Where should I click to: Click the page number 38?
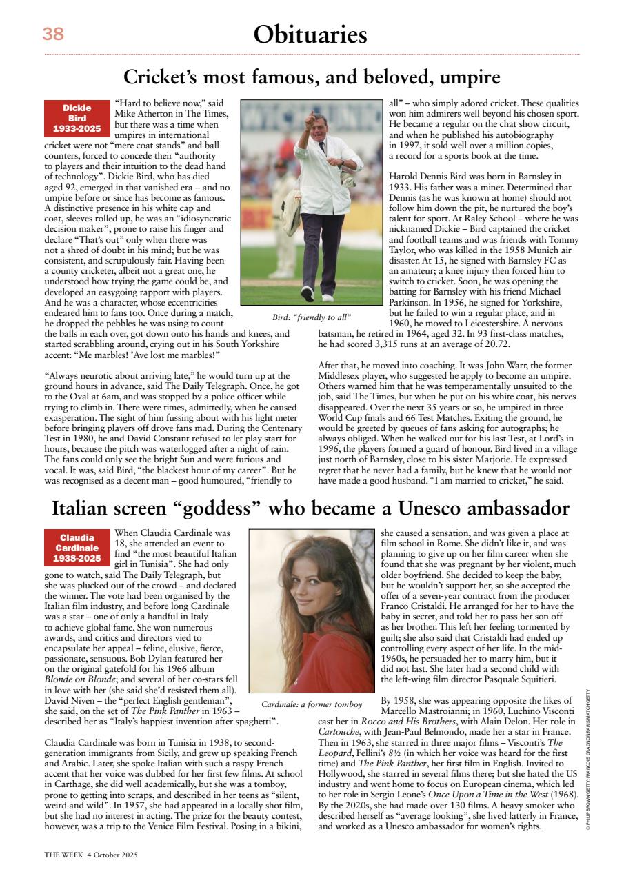point(53,34)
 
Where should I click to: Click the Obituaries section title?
point(310,34)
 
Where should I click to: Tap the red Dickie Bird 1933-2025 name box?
point(77,118)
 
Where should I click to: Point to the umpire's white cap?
point(319,121)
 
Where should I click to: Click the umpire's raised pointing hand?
point(310,116)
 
